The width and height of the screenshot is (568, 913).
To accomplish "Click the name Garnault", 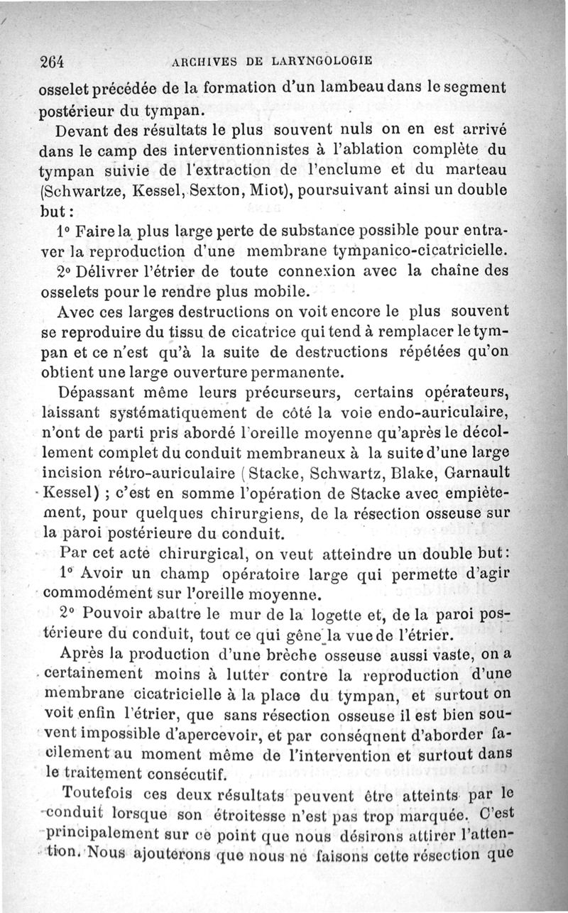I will tap(486, 473).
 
